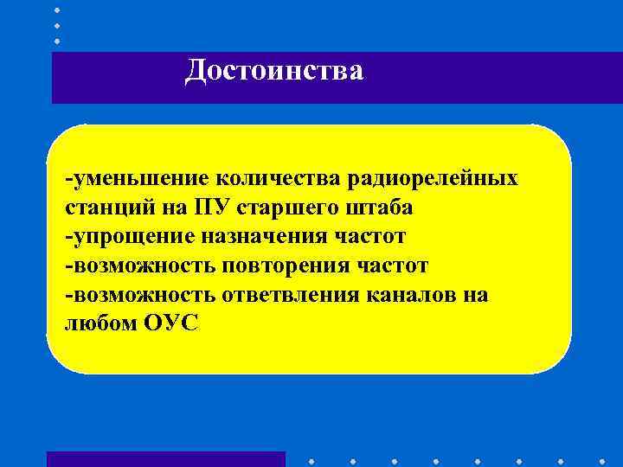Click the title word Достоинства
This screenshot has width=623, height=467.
(274, 71)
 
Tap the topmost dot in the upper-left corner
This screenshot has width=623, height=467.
(57, 10)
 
